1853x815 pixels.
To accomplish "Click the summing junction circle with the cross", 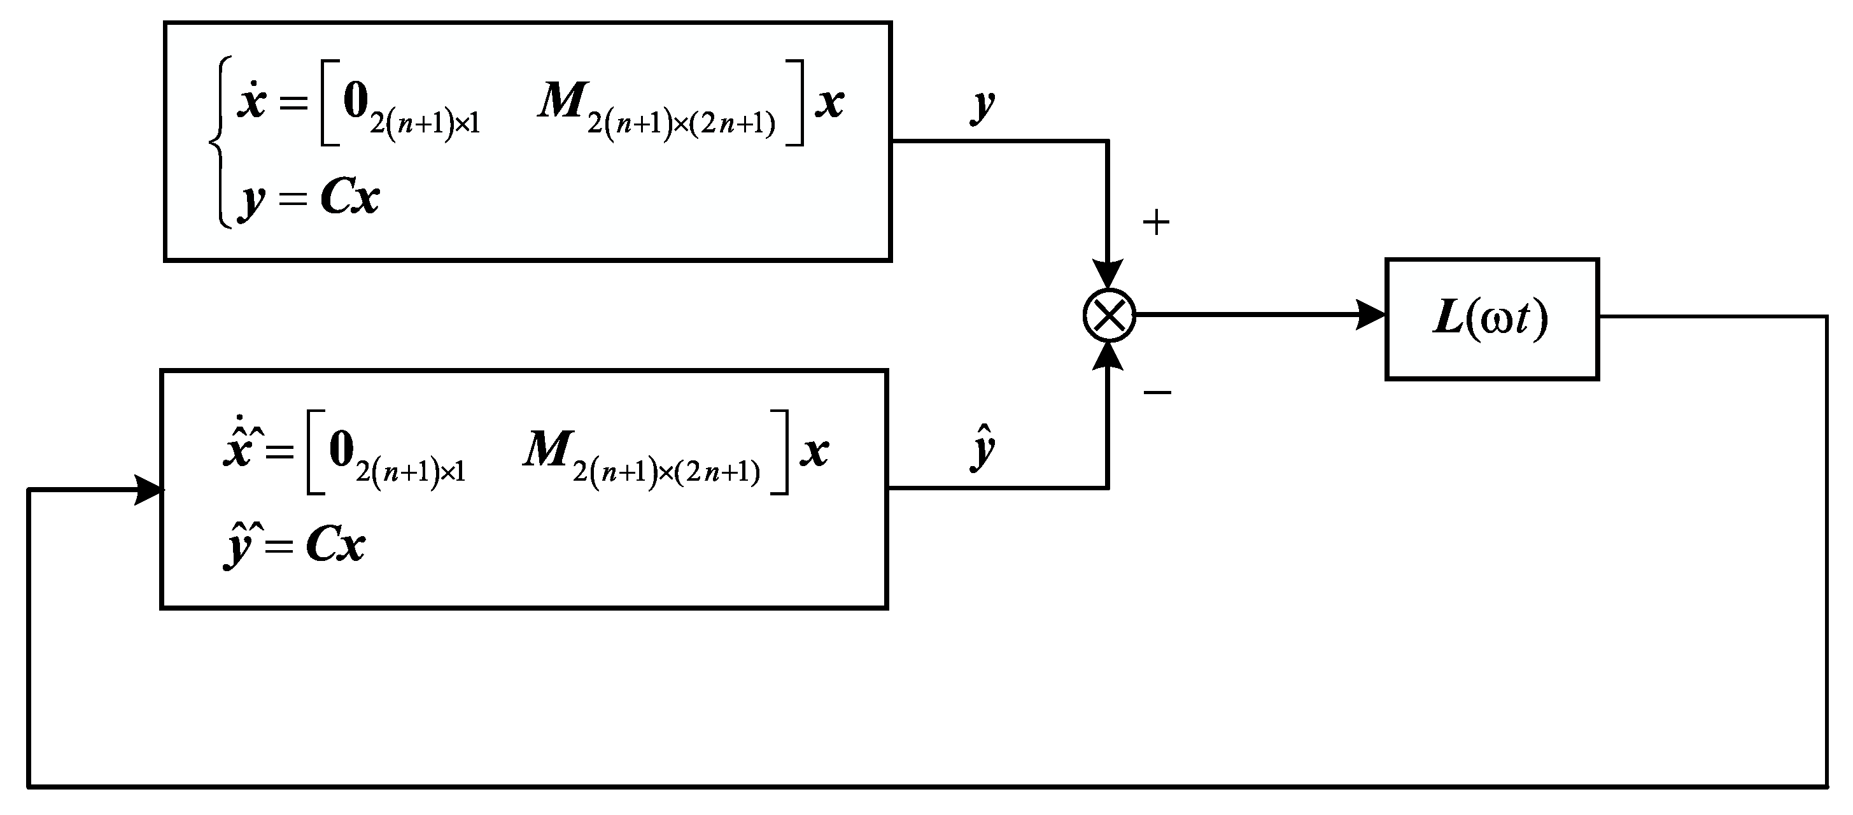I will [x=1108, y=315].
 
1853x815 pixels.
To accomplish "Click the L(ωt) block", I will [x=1491, y=318].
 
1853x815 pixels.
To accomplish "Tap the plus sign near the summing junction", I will [x=1156, y=222].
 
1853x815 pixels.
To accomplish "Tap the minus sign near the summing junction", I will [x=1157, y=392].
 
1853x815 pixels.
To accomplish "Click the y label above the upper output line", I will [x=982, y=106].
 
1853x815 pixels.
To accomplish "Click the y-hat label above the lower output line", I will [x=983, y=448].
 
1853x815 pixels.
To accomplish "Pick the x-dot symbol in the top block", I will [x=252, y=101].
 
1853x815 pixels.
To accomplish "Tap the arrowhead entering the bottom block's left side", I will [x=149, y=490].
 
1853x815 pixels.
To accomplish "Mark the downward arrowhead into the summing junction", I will [x=1108, y=274].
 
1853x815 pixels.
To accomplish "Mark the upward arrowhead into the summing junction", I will [x=1108, y=357].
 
